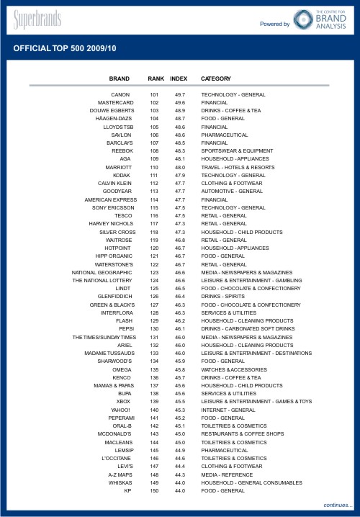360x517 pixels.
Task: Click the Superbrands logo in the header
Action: [x=36, y=19]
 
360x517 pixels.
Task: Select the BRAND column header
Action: [x=120, y=78]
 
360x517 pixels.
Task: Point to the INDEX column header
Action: [x=179, y=78]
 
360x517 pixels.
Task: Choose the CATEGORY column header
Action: [x=216, y=78]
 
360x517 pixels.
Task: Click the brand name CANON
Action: [x=120, y=95]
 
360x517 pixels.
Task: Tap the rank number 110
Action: [x=154, y=166]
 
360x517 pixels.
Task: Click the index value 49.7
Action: [x=180, y=95]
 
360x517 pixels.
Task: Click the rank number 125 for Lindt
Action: [x=154, y=288]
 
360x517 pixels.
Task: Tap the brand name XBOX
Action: [x=123, y=401]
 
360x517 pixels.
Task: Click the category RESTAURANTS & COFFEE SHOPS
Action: [x=242, y=434]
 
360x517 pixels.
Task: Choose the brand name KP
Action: [x=127, y=490]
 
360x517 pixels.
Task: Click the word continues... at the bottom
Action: [x=338, y=505]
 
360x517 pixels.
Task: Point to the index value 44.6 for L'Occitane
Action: [x=180, y=458]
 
